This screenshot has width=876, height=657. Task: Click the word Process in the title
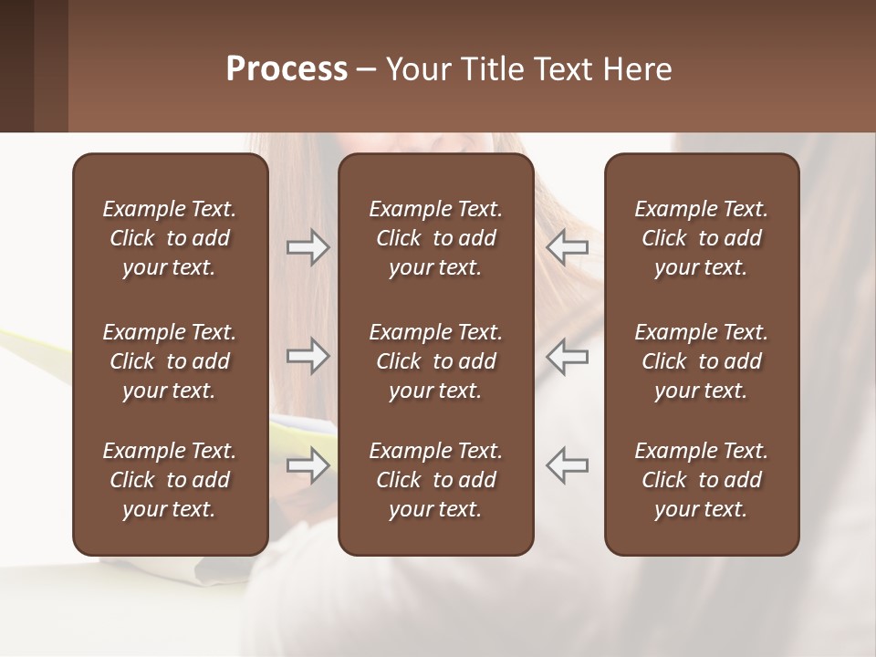pyautogui.click(x=287, y=69)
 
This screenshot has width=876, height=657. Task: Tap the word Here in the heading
pyautogui.click(x=637, y=69)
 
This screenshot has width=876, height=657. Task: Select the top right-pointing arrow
pyautogui.click(x=308, y=247)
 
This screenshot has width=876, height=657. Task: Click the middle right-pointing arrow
pyautogui.click(x=308, y=356)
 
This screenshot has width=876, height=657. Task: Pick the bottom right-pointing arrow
pyautogui.click(x=308, y=464)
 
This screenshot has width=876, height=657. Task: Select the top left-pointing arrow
pyautogui.click(x=567, y=247)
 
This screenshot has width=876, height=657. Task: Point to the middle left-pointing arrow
pyautogui.click(x=567, y=356)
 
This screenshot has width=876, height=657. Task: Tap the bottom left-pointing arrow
pyautogui.click(x=567, y=464)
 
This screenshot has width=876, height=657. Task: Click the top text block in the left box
pyautogui.click(x=170, y=238)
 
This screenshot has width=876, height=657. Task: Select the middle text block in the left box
pyautogui.click(x=170, y=361)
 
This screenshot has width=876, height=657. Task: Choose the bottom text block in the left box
pyautogui.click(x=170, y=480)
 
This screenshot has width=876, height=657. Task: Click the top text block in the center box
pyautogui.click(x=435, y=238)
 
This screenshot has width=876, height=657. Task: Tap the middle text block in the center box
pyautogui.click(x=435, y=361)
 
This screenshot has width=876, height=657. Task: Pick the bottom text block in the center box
pyautogui.click(x=435, y=480)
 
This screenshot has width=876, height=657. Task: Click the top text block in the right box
pyautogui.click(x=701, y=238)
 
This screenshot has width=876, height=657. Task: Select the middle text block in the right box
pyautogui.click(x=701, y=361)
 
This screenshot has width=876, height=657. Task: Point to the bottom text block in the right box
pyautogui.click(x=701, y=480)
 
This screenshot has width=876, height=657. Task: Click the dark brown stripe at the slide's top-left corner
pyautogui.click(x=16, y=66)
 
